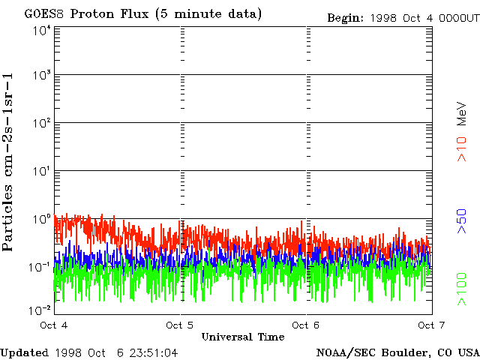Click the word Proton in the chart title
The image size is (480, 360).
(x=89, y=14)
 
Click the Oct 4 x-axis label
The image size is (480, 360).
(x=54, y=325)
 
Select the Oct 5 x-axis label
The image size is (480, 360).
(x=180, y=325)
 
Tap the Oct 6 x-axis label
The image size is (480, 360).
(x=306, y=325)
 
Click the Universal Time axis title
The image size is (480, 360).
(x=243, y=337)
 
